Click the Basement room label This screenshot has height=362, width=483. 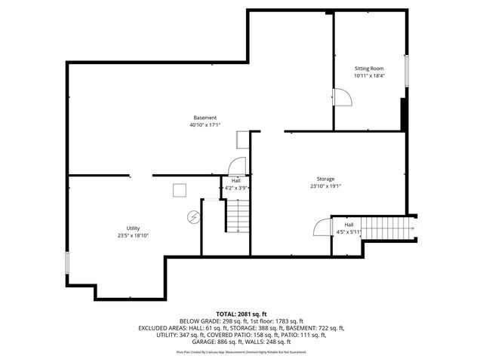(x=205, y=118)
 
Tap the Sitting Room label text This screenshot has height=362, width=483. (x=370, y=69)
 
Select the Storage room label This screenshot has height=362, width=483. (x=325, y=179)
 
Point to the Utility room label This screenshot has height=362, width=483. (x=133, y=229)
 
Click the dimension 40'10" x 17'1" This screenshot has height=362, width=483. (x=205, y=125)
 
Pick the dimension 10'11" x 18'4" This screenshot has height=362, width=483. (x=370, y=76)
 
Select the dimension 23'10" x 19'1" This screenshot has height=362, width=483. (x=325, y=186)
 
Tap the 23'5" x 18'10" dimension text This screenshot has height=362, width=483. (x=133, y=236)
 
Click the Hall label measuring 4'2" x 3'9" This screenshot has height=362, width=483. (x=236, y=180)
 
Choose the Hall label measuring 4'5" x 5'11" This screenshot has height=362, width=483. (x=349, y=225)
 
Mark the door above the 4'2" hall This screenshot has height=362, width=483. (x=237, y=167)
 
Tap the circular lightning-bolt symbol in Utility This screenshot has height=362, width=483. (x=193, y=216)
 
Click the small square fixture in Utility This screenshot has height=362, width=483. (x=180, y=190)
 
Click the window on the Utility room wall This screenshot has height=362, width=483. (x=68, y=264)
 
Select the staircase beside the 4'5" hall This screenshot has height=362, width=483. (x=388, y=226)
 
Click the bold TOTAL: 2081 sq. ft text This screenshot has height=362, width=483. (x=241, y=313)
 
